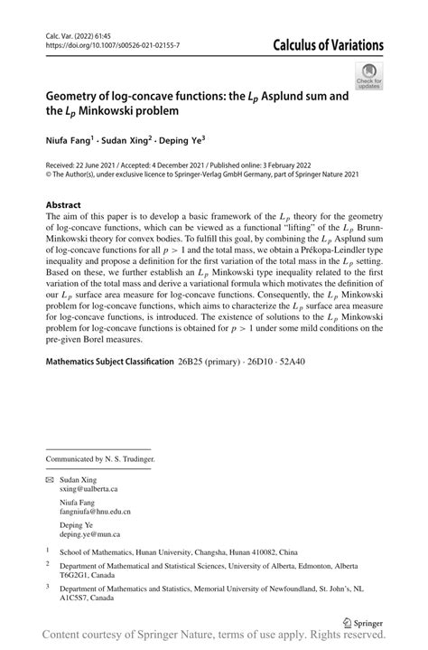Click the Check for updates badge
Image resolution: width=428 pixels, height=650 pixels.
[x=369, y=77]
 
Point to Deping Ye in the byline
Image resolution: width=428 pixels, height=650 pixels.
[x=180, y=140]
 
